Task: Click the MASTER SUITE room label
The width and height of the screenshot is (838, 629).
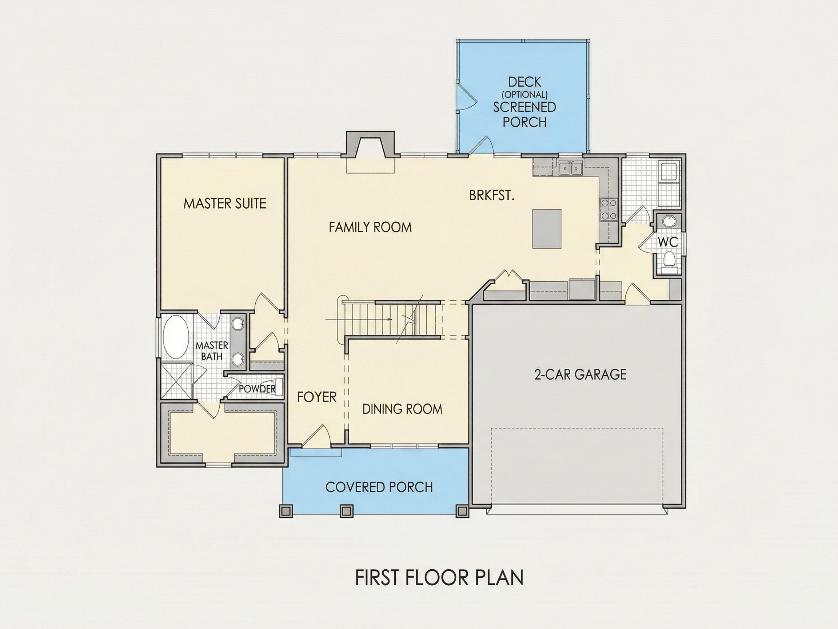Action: [225, 203]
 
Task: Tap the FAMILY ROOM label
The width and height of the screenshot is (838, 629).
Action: [370, 227]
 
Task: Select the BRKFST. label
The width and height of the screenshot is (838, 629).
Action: [492, 195]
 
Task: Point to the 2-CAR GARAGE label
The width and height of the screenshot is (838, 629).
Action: [580, 375]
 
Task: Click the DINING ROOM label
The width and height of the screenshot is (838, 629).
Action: [402, 409]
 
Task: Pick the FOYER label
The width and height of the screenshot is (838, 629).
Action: [317, 397]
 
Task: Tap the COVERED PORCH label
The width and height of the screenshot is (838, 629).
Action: [379, 487]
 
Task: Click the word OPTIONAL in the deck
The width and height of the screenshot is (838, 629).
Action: [525, 94]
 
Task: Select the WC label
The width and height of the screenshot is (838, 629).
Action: [668, 242]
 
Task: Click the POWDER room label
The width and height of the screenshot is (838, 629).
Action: [257, 389]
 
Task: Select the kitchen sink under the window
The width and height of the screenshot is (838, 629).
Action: [571, 168]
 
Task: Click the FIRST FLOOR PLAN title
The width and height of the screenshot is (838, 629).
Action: [439, 577]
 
